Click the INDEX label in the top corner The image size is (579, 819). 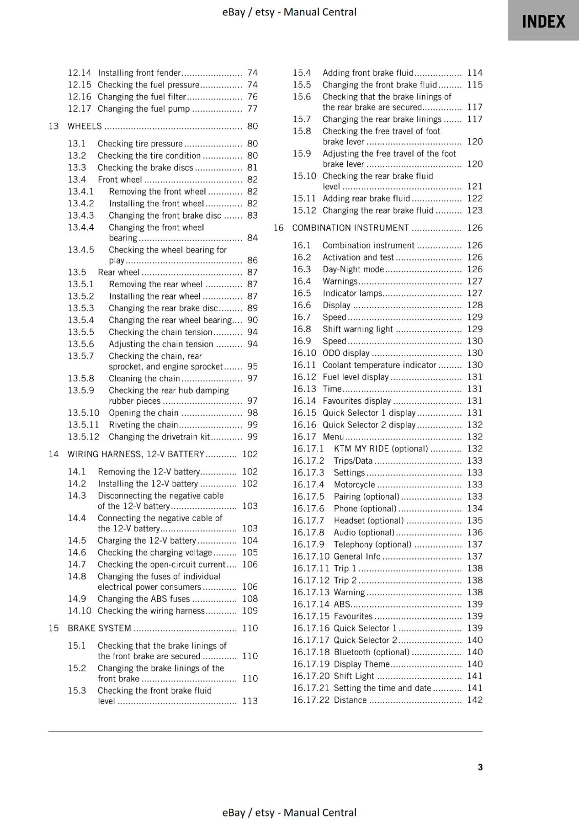[x=543, y=21]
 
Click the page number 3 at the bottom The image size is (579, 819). [x=480, y=767]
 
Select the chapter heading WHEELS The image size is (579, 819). [x=85, y=126]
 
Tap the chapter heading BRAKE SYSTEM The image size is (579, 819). [x=99, y=628]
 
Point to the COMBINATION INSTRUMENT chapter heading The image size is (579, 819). [x=350, y=228]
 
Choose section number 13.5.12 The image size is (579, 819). [x=84, y=437]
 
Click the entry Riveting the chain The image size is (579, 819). [x=143, y=425]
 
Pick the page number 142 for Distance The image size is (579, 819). [x=474, y=700]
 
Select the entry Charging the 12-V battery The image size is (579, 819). [x=147, y=541]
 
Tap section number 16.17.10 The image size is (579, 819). [x=311, y=556]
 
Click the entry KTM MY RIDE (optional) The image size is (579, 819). [x=381, y=449]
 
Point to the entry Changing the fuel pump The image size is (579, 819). [x=143, y=109]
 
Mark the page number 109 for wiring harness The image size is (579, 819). [x=250, y=611]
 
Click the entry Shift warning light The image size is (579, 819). [x=358, y=329]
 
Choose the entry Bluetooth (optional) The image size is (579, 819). [x=371, y=652]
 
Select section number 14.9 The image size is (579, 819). [x=77, y=599]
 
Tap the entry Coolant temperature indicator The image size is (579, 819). [x=379, y=365]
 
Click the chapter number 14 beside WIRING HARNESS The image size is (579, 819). [x=53, y=454]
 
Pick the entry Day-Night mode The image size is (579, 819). [x=353, y=269]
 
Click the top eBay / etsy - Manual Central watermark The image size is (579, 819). [x=289, y=12]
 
